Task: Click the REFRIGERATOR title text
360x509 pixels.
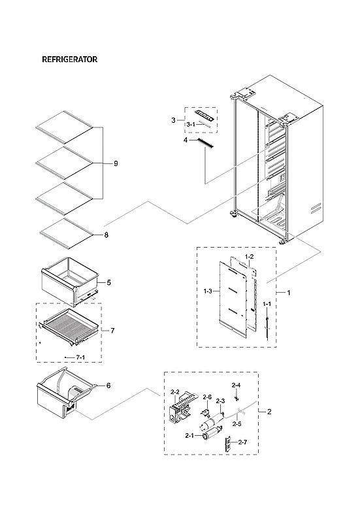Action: click(x=69, y=59)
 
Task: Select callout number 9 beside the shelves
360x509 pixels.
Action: click(x=116, y=163)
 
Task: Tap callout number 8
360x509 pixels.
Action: click(x=106, y=235)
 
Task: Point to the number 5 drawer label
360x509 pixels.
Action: click(x=108, y=282)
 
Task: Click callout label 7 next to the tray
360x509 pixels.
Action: click(x=112, y=331)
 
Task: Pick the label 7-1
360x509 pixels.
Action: click(x=81, y=357)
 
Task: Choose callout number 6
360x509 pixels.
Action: click(x=108, y=386)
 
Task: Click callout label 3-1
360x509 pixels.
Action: click(x=191, y=123)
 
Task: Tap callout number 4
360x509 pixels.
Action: click(x=186, y=140)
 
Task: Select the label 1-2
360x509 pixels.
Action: click(x=248, y=257)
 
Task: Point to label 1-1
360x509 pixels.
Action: click(x=267, y=304)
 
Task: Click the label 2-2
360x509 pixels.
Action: click(x=174, y=392)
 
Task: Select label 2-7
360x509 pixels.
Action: click(x=242, y=442)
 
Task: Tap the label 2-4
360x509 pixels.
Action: click(x=236, y=385)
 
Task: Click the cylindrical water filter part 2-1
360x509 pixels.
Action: click(x=210, y=430)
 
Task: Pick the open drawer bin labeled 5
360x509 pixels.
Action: click(x=68, y=280)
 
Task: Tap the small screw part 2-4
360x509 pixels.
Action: click(x=237, y=396)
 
